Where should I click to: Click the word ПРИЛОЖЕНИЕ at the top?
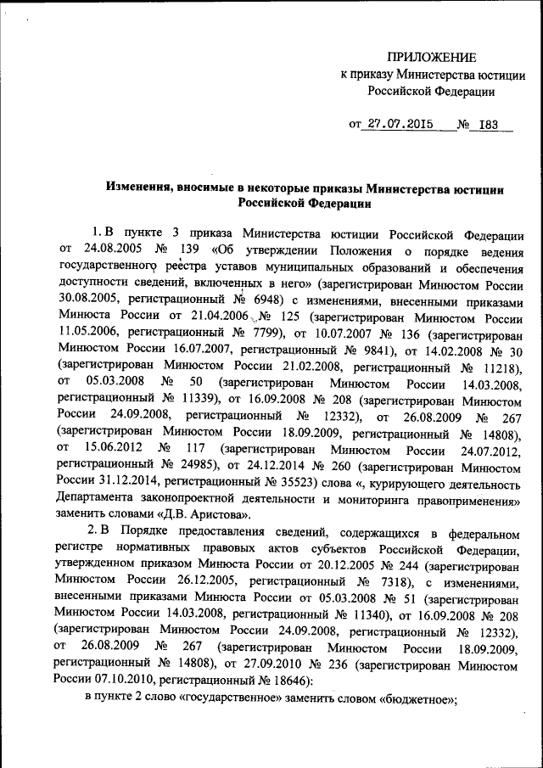tap(431, 58)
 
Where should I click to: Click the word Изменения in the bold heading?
tap(139, 188)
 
